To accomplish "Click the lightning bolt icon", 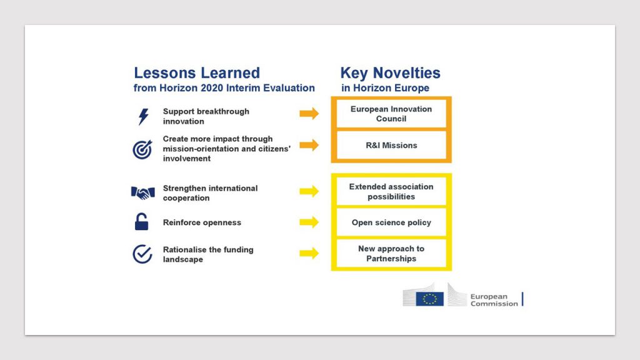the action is click(143, 117).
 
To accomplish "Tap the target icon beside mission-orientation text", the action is click(142, 149).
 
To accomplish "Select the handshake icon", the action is click(143, 192).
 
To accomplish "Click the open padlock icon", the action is click(142, 222).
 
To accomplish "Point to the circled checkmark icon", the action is click(142, 254).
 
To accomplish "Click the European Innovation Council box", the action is click(391, 114).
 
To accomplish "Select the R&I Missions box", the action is click(391, 145).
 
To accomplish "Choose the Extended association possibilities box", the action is click(391, 191).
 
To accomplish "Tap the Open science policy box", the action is click(391, 222).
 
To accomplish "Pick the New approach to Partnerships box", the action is click(391, 254).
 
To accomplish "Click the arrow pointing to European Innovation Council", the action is click(309, 114).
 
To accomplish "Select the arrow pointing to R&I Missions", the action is click(309, 145).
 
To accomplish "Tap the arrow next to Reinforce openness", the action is click(309, 222).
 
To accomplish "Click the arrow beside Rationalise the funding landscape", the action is click(309, 253).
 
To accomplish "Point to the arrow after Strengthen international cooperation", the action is click(309, 191).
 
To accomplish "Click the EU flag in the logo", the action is click(430, 299).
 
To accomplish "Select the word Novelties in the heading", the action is click(406, 73).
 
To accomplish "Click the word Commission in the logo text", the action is click(494, 304).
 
